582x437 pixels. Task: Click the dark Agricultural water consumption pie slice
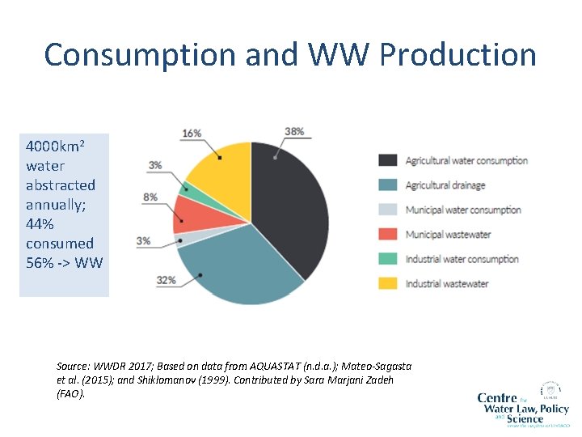[x=291, y=202]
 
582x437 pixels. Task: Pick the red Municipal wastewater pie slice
[x=192, y=214]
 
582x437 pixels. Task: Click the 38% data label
[x=294, y=131]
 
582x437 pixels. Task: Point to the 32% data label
[x=167, y=280]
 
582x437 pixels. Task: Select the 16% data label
[x=192, y=133]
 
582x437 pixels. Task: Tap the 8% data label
[x=150, y=197]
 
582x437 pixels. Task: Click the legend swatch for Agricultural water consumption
[x=389, y=160]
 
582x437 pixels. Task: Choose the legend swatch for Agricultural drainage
[x=389, y=185]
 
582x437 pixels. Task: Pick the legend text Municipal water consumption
[x=463, y=210]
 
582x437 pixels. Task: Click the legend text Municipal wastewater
[x=448, y=235]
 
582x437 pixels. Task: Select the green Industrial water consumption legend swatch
[x=389, y=259]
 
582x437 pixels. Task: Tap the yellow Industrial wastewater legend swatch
[x=389, y=284]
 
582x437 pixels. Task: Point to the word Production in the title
[x=458, y=55]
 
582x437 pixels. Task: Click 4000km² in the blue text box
[x=55, y=147]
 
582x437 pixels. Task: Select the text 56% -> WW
[x=64, y=263]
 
